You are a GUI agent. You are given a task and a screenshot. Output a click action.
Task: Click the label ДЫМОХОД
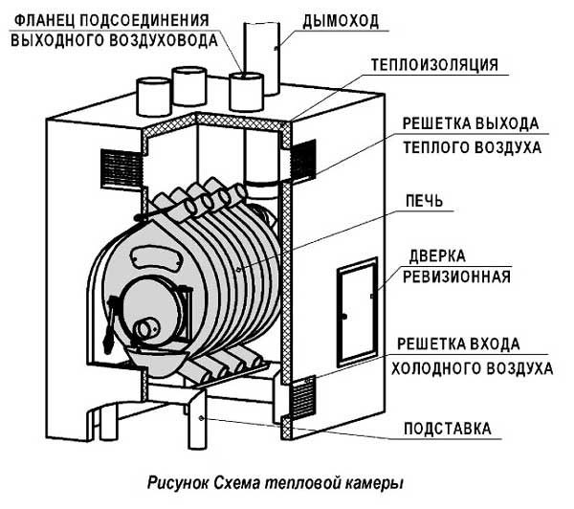coord(341,21)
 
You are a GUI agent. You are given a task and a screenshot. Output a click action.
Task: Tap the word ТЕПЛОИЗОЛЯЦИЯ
coord(434,65)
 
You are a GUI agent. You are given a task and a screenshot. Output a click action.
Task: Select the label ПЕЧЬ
coord(424,201)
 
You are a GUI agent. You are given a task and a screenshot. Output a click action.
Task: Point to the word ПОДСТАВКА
coord(448,429)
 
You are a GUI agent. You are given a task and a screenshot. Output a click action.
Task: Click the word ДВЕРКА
coord(437,256)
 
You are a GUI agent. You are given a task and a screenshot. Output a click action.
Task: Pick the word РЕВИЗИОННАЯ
coord(456,277)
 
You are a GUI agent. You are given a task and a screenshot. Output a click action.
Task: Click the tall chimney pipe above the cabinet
coord(261,58)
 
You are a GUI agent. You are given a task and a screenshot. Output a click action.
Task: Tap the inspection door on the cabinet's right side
coord(357,312)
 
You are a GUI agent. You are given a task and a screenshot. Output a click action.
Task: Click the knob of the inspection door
coord(344,317)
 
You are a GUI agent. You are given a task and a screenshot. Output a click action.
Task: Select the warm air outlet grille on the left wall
coord(121,168)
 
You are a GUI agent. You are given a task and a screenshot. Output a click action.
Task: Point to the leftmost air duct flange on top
coord(153,97)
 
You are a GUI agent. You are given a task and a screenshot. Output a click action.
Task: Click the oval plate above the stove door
coord(157,257)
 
